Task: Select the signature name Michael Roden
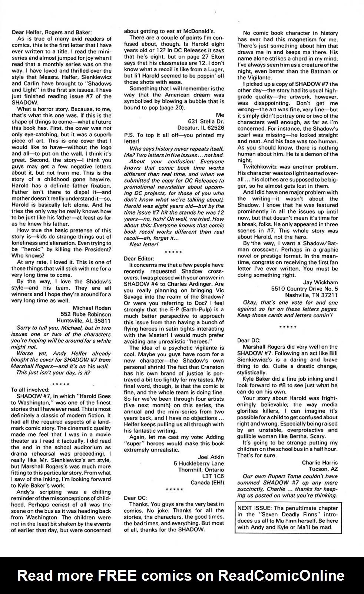tap(92, 308)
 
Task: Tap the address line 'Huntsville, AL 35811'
tap(83, 321)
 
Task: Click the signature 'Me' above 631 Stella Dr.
tap(220, 115)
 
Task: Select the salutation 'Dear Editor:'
tap(139, 258)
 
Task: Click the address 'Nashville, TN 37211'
tap(311, 295)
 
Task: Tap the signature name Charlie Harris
tap(320, 463)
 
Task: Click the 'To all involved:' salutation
tap(30, 390)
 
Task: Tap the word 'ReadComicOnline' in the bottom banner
tap(281, 575)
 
